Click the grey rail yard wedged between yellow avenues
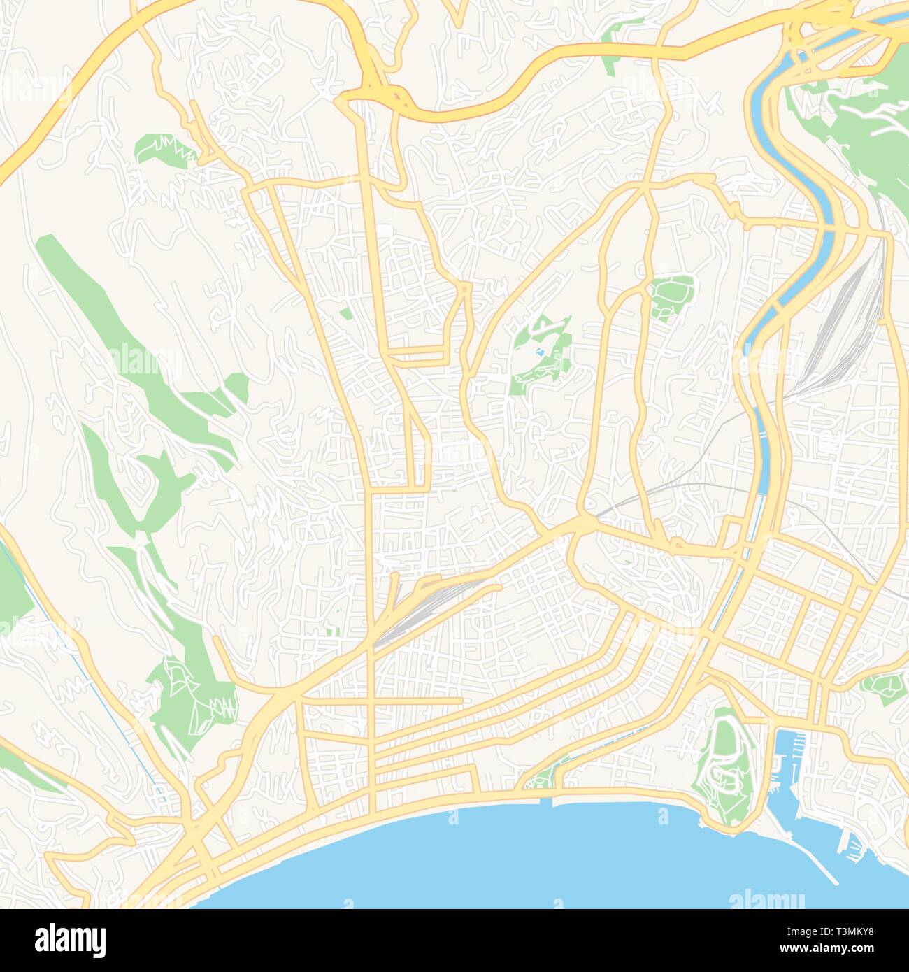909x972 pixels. [x=420, y=608]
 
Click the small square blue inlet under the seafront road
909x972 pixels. [x=546, y=801]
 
